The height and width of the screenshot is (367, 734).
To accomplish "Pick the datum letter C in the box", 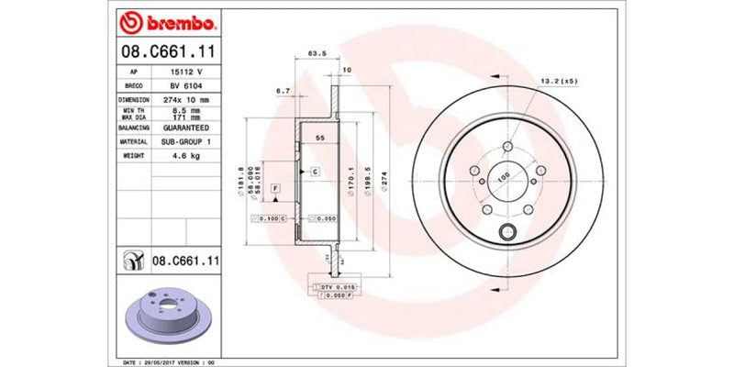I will pos(314,172).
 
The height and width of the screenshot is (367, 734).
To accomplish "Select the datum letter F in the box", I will pos(276,188).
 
